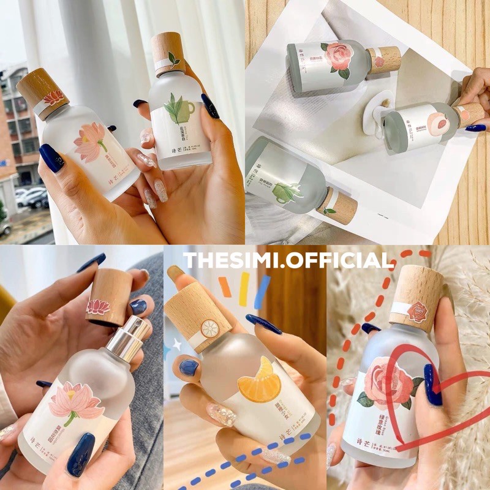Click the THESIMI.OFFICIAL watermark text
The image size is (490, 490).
(x=288, y=260)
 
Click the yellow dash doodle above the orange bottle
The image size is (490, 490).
(x=244, y=288)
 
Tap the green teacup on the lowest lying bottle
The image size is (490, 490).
(x=288, y=191)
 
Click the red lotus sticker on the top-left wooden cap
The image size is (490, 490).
(x=53, y=97)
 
